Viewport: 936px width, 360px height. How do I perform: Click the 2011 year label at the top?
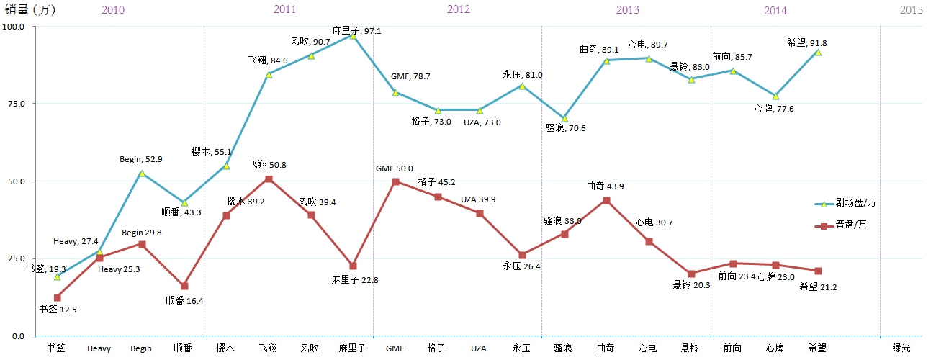pos(284,9)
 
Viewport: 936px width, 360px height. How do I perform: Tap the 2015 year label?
pos(911,10)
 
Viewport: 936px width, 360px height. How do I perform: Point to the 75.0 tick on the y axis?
pos(14,104)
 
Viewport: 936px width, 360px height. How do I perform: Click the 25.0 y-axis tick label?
pos(14,258)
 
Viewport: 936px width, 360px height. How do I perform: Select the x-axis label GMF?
pos(395,348)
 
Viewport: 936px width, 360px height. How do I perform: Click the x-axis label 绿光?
pos(901,348)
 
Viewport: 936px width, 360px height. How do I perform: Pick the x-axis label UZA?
pos(479,348)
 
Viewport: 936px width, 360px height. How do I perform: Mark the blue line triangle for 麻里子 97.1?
pos(353,35)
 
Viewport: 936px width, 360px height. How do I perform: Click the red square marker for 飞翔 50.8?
pos(269,179)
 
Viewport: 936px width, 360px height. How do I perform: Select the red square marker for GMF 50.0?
pos(395,181)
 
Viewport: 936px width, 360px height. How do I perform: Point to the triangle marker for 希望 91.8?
pos(818,52)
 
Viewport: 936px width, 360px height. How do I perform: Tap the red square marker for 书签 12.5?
pos(57,297)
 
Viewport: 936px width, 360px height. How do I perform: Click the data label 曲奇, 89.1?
pos(599,50)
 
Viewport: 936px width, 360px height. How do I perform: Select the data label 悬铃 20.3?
pos(690,285)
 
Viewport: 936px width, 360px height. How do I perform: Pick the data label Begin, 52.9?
pos(141,159)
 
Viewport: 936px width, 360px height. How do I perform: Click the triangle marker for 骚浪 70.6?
pos(564,118)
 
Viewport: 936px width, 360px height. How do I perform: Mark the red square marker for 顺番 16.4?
pos(184,286)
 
